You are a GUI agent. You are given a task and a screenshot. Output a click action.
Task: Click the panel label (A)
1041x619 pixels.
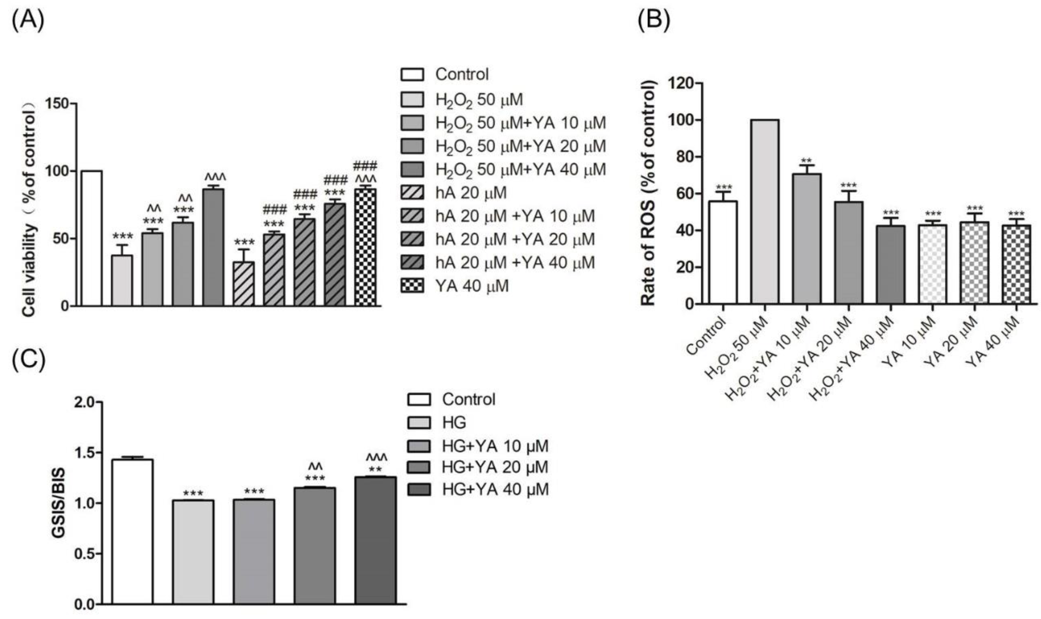point(28,21)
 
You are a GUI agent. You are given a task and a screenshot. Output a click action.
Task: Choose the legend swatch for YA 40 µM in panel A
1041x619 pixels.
point(412,286)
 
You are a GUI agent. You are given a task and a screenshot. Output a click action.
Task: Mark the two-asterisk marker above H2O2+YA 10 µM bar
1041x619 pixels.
point(806,161)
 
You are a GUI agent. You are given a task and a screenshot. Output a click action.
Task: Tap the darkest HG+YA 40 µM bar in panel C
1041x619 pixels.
point(375,540)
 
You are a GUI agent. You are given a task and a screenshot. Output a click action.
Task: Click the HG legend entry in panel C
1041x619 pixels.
point(454,423)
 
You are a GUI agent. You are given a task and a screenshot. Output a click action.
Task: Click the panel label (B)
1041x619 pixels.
point(654,21)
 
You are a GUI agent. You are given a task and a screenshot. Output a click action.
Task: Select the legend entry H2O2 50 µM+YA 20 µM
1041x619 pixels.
point(520,146)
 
